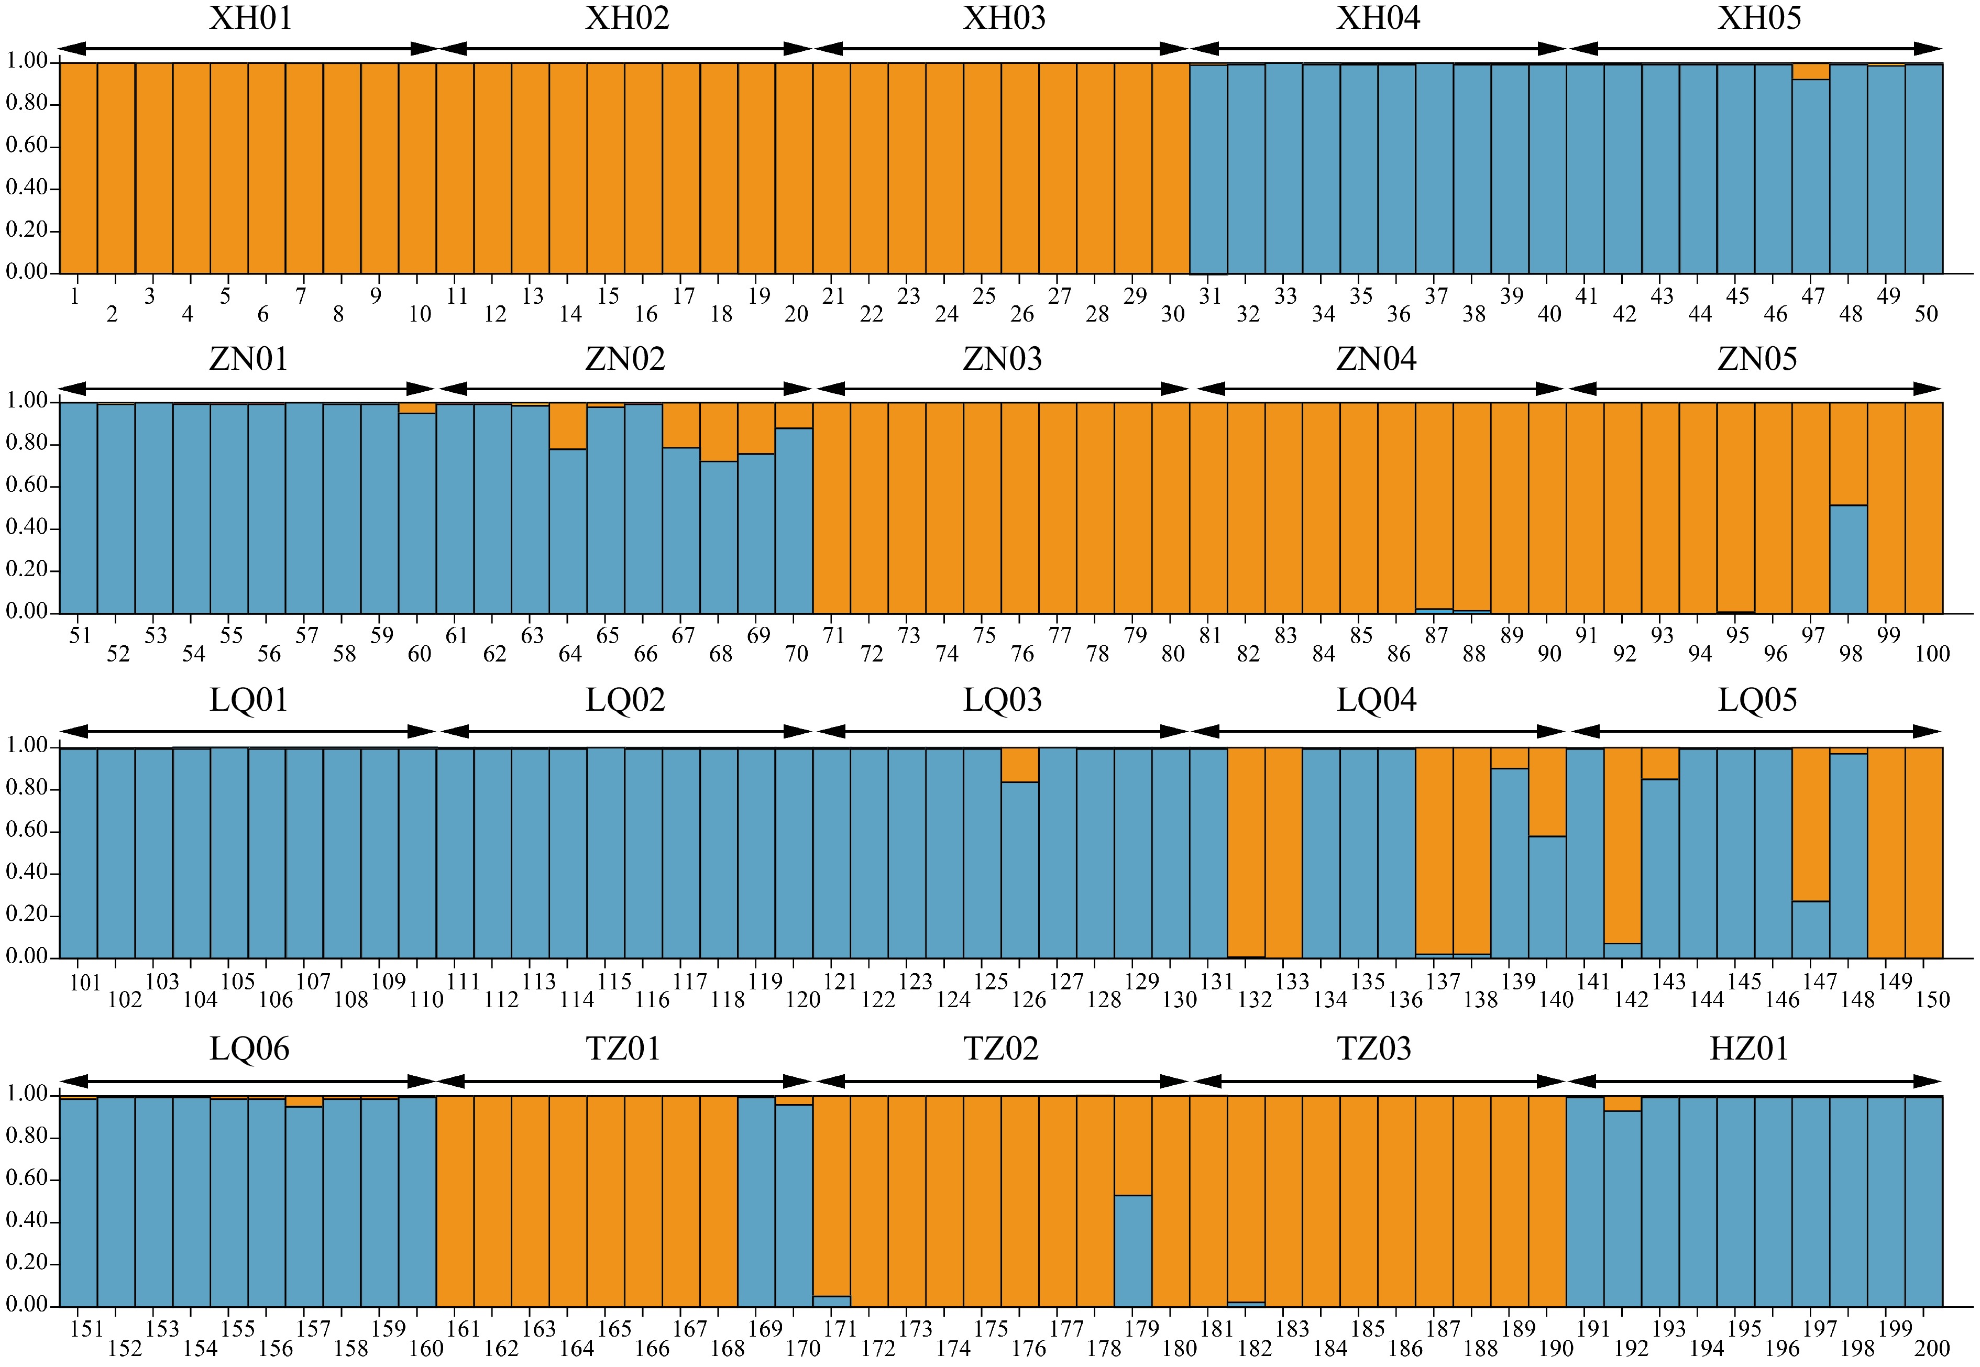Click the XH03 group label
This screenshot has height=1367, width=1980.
coord(1004,18)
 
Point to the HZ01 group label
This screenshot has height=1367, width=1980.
coord(1750,1049)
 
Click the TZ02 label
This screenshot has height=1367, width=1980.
coord(1000,1049)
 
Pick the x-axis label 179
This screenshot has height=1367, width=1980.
coord(1141,1328)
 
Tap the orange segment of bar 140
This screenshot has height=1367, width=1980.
coord(1547,791)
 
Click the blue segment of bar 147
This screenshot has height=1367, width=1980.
coord(1810,929)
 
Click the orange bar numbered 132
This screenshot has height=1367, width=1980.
coord(1246,852)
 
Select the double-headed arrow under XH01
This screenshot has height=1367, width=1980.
coord(248,49)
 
